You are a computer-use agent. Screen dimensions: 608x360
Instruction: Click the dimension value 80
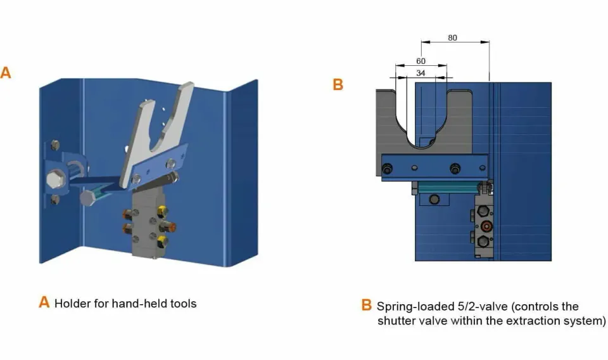(x=452, y=37)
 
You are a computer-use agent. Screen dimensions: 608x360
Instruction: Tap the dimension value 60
(x=421, y=61)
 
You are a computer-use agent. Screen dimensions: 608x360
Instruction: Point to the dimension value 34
(x=421, y=73)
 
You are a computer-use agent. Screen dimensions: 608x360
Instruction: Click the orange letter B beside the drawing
(x=338, y=84)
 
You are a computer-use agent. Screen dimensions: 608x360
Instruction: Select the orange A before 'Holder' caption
(x=44, y=302)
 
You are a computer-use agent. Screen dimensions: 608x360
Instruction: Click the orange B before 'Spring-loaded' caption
(x=367, y=305)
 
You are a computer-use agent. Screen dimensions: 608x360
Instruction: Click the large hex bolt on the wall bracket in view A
(x=54, y=179)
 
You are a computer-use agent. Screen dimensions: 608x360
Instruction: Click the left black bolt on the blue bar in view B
(x=387, y=169)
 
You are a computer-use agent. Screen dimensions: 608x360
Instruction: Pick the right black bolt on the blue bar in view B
(x=455, y=169)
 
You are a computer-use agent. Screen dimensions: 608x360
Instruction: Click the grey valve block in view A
(x=149, y=226)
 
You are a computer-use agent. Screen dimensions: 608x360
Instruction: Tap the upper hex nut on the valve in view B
(x=483, y=211)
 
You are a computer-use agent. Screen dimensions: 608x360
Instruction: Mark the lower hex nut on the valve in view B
(x=483, y=241)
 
